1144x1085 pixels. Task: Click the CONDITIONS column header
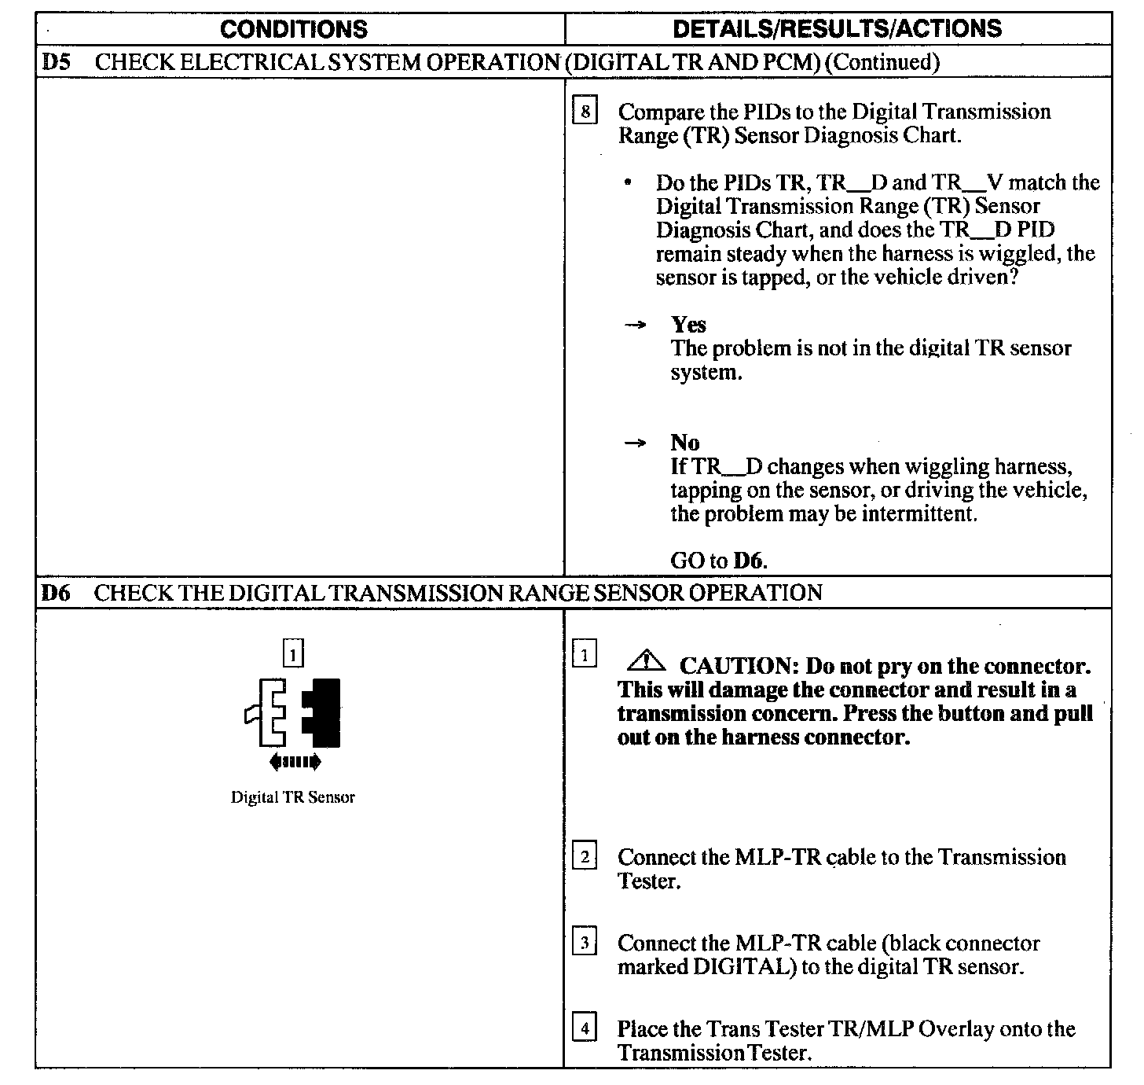click(293, 29)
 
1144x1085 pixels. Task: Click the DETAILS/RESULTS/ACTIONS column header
click(838, 29)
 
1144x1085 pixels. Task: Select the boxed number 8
click(585, 111)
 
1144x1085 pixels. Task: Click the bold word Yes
click(688, 325)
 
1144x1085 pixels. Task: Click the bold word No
click(685, 443)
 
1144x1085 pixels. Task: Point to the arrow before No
click(635, 443)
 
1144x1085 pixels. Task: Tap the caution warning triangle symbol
click(645, 661)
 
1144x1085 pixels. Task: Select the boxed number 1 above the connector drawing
click(292, 653)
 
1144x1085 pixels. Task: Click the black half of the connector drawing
click(324, 712)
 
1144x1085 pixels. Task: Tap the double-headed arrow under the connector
click(294, 761)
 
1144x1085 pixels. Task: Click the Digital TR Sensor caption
click(292, 797)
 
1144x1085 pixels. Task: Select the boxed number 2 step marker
click(584, 856)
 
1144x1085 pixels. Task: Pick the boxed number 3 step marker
click(584, 942)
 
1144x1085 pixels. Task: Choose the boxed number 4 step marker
click(584, 1028)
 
